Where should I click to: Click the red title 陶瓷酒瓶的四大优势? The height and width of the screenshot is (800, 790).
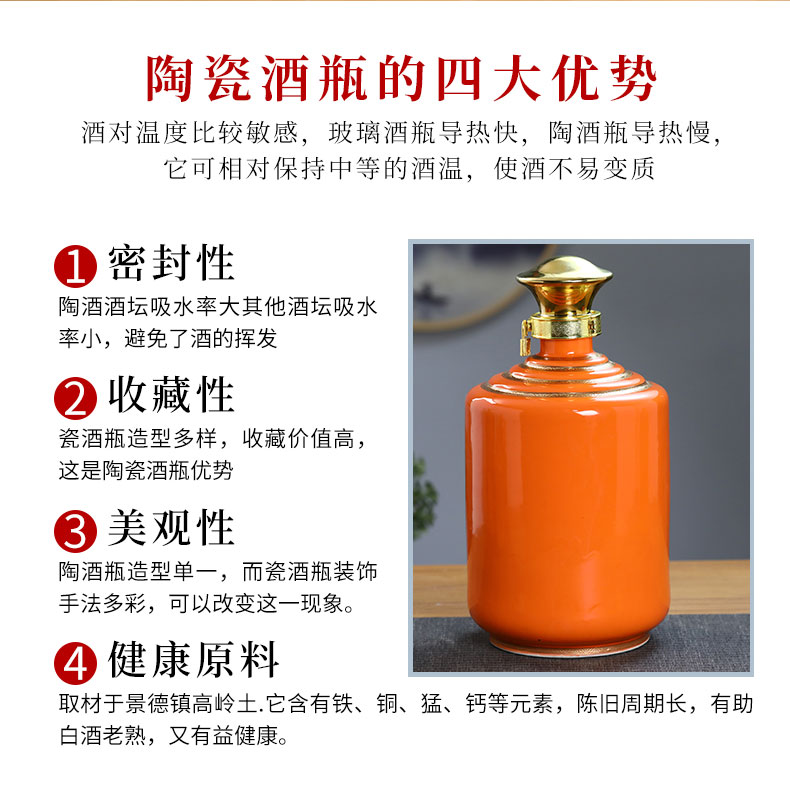pyautogui.click(x=401, y=79)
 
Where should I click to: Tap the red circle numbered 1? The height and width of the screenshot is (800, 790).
pyautogui.click(x=76, y=266)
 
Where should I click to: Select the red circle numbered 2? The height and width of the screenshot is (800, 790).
pyautogui.click(x=76, y=398)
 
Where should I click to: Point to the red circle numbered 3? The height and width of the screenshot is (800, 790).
pyautogui.click(x=76, y=531)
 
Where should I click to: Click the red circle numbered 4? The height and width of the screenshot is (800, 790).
pyautogui.click(x=76, y=663)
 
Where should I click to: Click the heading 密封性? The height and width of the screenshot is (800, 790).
pyautogui.click(x=171, y=263)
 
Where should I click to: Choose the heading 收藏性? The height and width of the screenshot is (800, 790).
pyautogui.click(x=171, y=395)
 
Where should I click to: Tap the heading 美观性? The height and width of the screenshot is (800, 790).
pyautogui.click(x=171, y=528)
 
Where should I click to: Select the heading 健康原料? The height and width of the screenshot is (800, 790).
pyautogui.click(x=193, y=660)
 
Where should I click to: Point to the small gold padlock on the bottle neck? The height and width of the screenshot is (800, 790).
pyautogui.click(x=525, y=338)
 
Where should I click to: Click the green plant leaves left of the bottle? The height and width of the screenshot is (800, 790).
pyautogui.click(x=425, y=497)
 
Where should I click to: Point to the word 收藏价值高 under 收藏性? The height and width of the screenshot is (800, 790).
pyautogui.click(x=298, y=438)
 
